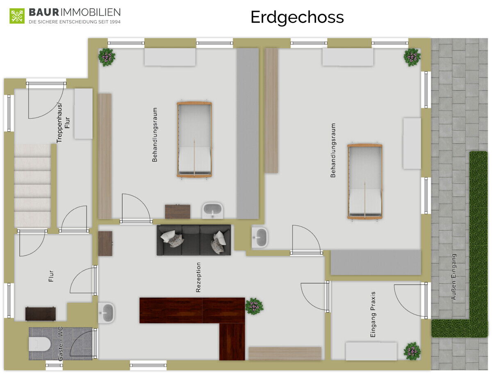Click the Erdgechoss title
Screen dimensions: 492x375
coord(297,18)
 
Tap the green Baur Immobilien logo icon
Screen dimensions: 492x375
coord(17,16)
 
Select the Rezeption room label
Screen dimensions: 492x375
coord(198,277)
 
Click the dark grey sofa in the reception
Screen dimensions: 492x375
coord(194,240)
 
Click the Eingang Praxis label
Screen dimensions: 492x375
coord(373,314)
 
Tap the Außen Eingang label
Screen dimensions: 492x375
coord(453,277)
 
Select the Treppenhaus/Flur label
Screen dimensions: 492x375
coord(63,123)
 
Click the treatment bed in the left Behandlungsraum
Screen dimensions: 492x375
coord(194,140)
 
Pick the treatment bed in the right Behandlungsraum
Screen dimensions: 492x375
coord(364,182)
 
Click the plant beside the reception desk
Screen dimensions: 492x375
coord(254,306)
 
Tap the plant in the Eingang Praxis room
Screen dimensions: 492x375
coord(412,351)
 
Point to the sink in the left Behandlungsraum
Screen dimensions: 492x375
coord(212,211)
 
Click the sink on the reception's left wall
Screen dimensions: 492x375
coord(107,313)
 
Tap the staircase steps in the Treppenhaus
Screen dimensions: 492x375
coord(32,186)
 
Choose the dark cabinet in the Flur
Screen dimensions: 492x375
coord(40,314)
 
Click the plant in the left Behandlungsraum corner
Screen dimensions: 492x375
coord(107,57)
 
